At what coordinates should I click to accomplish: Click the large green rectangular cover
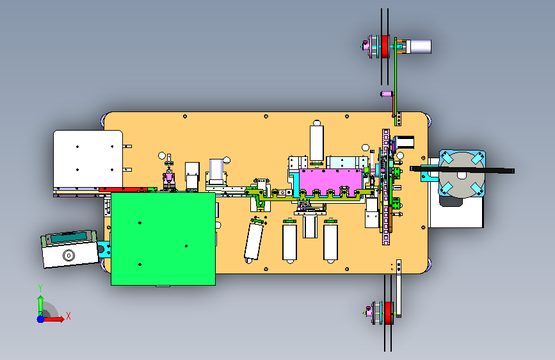pyautogui.click(x=163, y=239)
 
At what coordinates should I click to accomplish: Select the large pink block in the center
pyautogui.click(x=331, y=181)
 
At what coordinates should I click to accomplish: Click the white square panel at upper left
pyautogui.click(x=88, y=159)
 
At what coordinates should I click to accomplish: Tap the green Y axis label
pyautogui.click(x=40, y=288)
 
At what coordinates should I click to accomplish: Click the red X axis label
pyautogui.click(x=68, y=316)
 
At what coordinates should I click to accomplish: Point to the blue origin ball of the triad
pyautogui.click(x=41, y=319)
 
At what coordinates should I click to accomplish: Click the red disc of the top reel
pyautogui.click(x=385, y=46)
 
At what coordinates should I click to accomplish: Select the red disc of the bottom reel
pyautogui.click(x=389, y=313)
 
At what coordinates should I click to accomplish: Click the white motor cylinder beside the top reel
pyautogui.click(x=419, y=46)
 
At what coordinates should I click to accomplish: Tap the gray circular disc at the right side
pyautogui.click(x=462, y=175)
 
